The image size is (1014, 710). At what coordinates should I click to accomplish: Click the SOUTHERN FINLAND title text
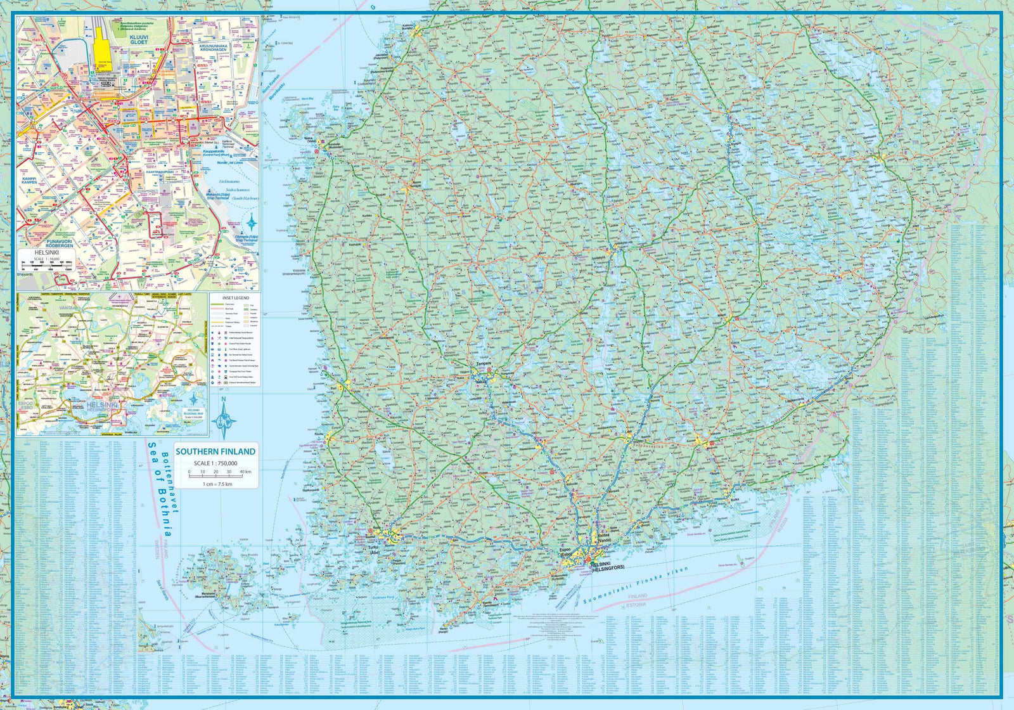click(215, 451)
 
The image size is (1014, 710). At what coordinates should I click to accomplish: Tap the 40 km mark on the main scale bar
click(245, 472)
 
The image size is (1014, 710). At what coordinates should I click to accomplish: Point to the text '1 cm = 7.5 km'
click(217, 484)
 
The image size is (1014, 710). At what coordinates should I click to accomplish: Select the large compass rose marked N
click(224, 419)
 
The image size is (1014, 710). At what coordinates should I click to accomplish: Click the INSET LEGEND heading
click(235, 298)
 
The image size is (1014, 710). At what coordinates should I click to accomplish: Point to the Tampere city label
click(484, 365)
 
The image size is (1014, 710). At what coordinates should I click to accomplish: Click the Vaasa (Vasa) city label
click(311, 139)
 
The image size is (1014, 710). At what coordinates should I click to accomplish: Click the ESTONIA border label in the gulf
click(637, 604)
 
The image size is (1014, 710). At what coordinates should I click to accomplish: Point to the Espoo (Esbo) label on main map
click(565, 552)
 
